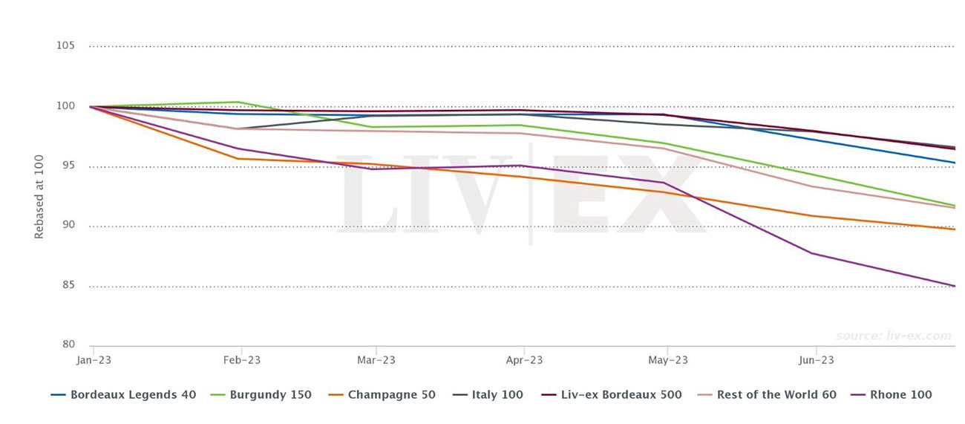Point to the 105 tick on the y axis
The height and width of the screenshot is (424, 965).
(x=65, y=46)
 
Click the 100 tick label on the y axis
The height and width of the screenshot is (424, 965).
(x=65, y=106)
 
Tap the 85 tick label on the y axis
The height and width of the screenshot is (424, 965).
(x=68, y=286)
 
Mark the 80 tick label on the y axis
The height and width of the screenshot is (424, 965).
(x=68, y=345)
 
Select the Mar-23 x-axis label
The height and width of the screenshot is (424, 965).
(x=376, y=360)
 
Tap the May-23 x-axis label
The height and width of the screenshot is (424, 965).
(x=667, y=360)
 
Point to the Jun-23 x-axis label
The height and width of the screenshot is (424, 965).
(x=816, y=360)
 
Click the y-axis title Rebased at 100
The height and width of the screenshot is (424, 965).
(x=39, y=197)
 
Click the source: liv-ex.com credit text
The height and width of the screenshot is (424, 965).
(x=893, y=336)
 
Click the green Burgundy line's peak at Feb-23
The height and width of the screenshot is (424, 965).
(x=237, y=102)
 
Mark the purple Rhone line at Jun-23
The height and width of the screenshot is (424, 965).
(x=814, y=253)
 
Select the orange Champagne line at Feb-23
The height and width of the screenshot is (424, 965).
(x=238, y=159)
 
